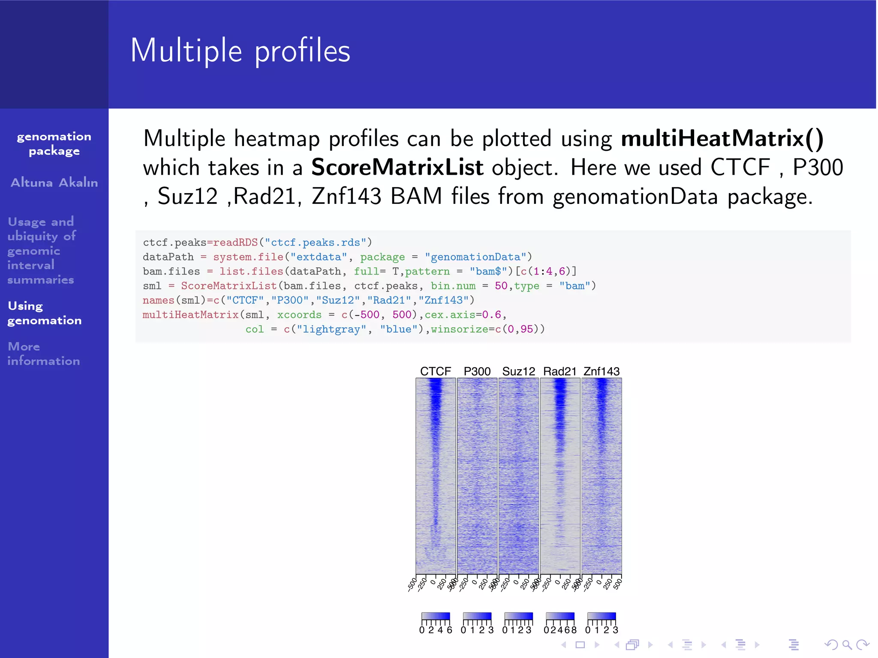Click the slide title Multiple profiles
coord(240,51)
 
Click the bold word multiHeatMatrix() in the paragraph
coord(722,139)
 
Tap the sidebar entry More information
coord(43,353)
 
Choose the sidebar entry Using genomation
coord(44,313)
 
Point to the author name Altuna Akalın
coord(54,182)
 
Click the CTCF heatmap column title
coord(435,371)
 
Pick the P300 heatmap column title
coord(477,371)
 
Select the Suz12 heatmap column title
coord(518,371)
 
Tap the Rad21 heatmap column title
coord(559,371)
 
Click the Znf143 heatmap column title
coord(601,371)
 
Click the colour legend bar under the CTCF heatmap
coord(436,616)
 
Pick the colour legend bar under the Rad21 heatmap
coord(560,616)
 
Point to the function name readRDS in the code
coord(235,242)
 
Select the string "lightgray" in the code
coord(332,329)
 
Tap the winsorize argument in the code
coord(459,329)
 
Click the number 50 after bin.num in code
coord(501,286)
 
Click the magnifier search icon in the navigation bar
coord(847,645)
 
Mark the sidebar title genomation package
coord(54,144)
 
